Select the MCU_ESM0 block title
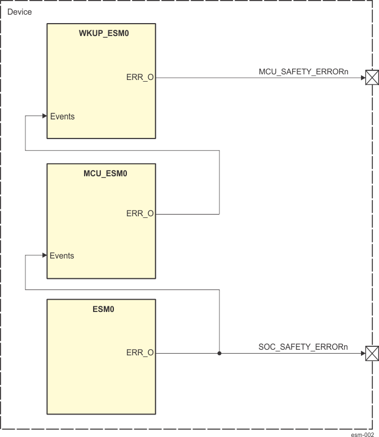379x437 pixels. coord(102,173)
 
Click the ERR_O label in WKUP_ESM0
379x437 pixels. coord(140,78)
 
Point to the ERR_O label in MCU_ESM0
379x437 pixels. coord(140,214)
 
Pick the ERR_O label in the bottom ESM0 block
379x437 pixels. coord(140,353)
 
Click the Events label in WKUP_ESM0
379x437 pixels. coord(62,117)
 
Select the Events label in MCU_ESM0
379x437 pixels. coord(62,256)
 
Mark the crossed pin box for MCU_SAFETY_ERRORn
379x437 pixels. coord(371,78)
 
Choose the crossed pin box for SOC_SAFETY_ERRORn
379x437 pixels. coord(371,354)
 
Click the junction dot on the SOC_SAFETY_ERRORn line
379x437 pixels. coord(219,354)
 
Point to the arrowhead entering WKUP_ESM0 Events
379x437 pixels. coord(45,116)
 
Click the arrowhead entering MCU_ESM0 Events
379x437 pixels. coord(45,256)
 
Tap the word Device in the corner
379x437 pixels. coord(20,11)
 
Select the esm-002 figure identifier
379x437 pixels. coord(362,434)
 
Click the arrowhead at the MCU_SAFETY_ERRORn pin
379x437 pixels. coord(362,78)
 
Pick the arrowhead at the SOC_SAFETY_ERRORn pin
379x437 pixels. coord(362,354)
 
